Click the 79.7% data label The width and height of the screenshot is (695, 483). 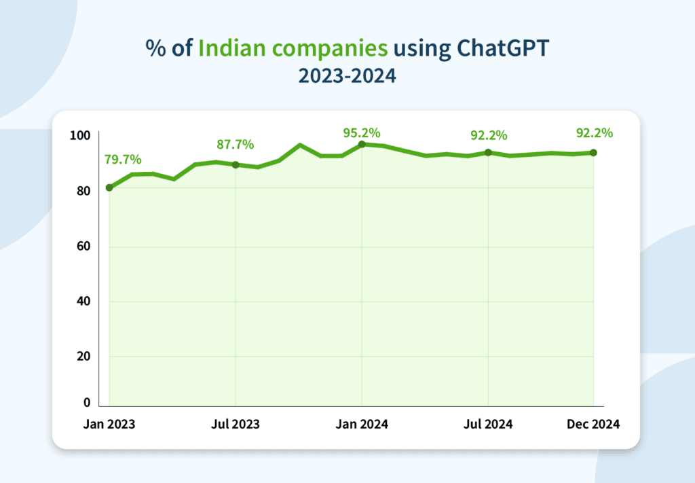click(x=123, y=160)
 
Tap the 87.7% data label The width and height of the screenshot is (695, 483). click(x=235, y=144)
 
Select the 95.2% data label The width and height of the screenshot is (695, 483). click(x=361, y=132)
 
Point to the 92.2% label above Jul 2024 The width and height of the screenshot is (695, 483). click(x=489, y=135)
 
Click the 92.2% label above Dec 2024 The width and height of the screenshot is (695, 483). click(x=594, y=132)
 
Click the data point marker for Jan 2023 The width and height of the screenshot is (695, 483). click(x=109, y=187)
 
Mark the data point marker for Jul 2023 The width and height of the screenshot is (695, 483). click(x=236, y=164)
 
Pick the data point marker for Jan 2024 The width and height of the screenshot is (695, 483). click(x=362, y=144)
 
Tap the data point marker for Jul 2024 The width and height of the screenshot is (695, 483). click(x=488, y=152)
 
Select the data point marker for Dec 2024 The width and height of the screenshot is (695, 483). click(x=594, y=152)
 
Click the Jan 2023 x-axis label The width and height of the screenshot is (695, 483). click(x=109, y=424)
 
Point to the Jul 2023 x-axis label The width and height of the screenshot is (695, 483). click(x=236, y=424)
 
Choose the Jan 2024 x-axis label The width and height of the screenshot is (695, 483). click(x=362, y=424)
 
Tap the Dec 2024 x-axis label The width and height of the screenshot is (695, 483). click(x=593, y=424)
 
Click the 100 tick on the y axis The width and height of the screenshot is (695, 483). click(x=80, y=136)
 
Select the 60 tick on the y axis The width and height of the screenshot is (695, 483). click(x=83, y=246)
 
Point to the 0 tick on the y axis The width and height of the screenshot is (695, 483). click(x=86, y=402)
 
